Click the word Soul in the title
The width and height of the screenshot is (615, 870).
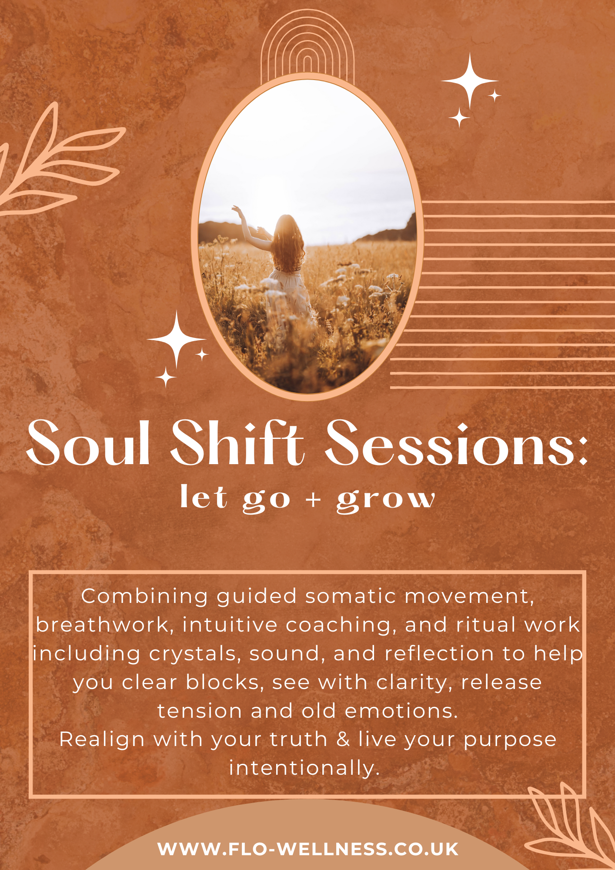[89, 443]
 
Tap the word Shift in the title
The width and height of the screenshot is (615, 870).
[237, 442]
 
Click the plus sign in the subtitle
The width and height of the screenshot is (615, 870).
[313, 499]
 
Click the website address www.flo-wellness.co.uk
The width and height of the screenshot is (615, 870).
[308, 849]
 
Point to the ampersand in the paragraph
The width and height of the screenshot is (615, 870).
[343, 739]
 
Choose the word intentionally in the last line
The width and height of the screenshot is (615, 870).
[304, 769]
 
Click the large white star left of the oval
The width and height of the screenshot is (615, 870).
[176, 339]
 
